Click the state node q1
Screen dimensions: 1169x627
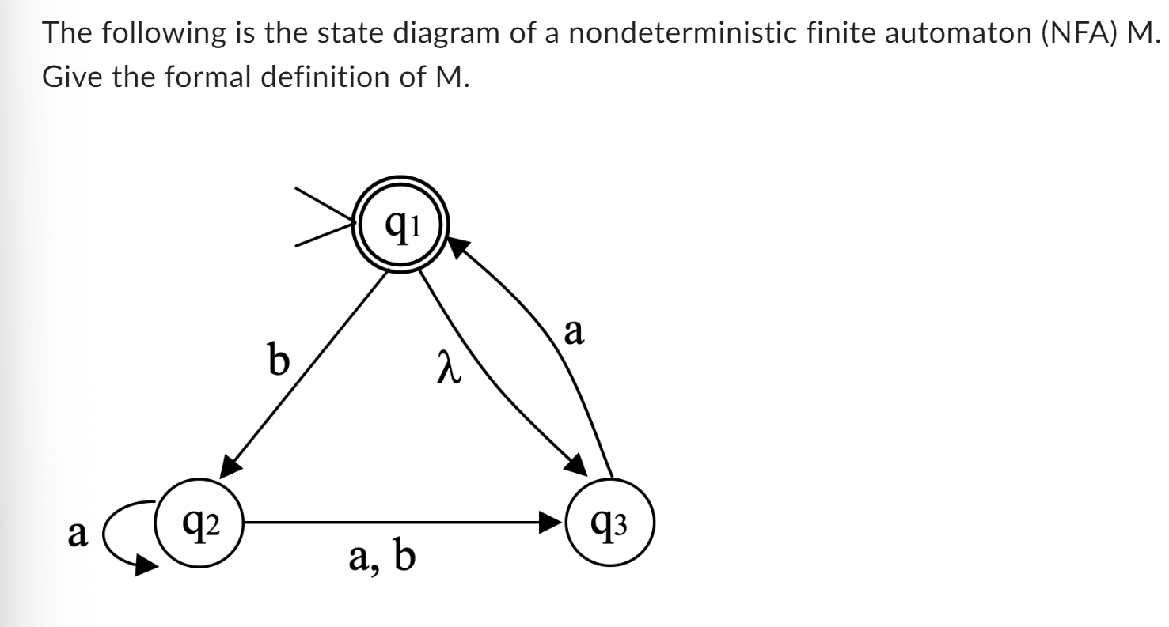coord(402,229)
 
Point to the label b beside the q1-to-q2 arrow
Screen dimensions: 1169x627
coord(278,361)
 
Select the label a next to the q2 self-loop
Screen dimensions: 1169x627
coord(77,534)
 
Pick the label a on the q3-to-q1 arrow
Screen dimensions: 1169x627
coord(575,333)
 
